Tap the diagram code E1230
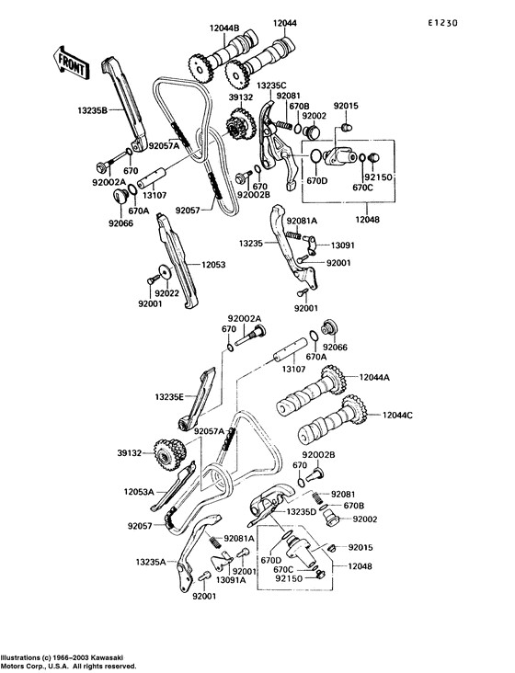[442, 23]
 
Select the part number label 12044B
[224, 29]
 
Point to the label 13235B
[92, 110]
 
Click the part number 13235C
[271, 86]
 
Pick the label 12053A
[139, 492]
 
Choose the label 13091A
[231, 580]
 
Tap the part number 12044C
[397, 415]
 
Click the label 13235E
[169, 397]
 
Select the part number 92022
[167, 293]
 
